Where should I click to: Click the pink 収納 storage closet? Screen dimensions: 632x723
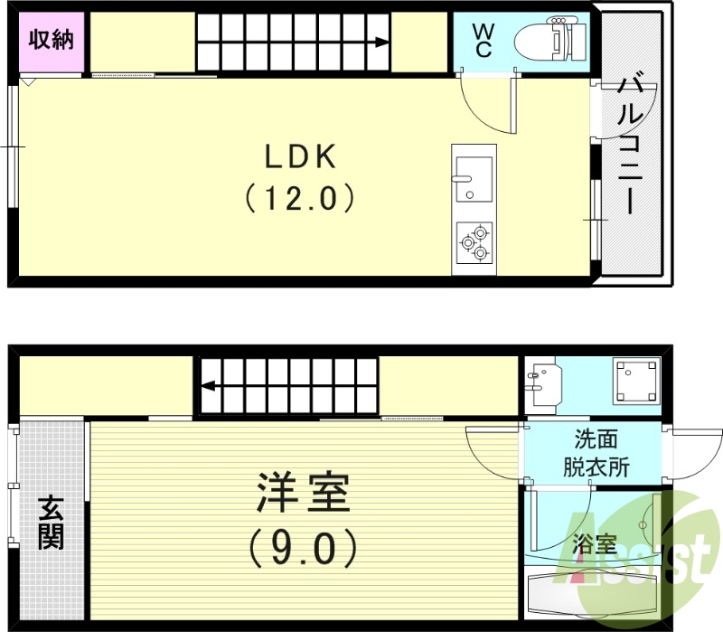click(x=52, y=42)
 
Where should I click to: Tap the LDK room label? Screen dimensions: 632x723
click(x=300, y=157)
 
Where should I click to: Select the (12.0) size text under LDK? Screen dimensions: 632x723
click(x=299, y=197)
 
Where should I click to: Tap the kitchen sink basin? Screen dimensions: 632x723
click(x=473, y=178)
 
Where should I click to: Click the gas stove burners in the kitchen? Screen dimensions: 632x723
click(x=474, y=241)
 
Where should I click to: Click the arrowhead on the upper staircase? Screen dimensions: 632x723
click(x=384, y=42)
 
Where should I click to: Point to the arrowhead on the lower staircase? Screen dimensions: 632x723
click(x=207, y=386)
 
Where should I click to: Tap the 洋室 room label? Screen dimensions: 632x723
click(x=302, y=495)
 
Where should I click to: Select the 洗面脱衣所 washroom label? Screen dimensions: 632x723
click(x=596, y=454)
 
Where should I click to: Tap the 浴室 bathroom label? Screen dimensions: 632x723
click(x=596, y=544)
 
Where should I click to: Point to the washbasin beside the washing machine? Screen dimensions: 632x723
click(x=544, y=382)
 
